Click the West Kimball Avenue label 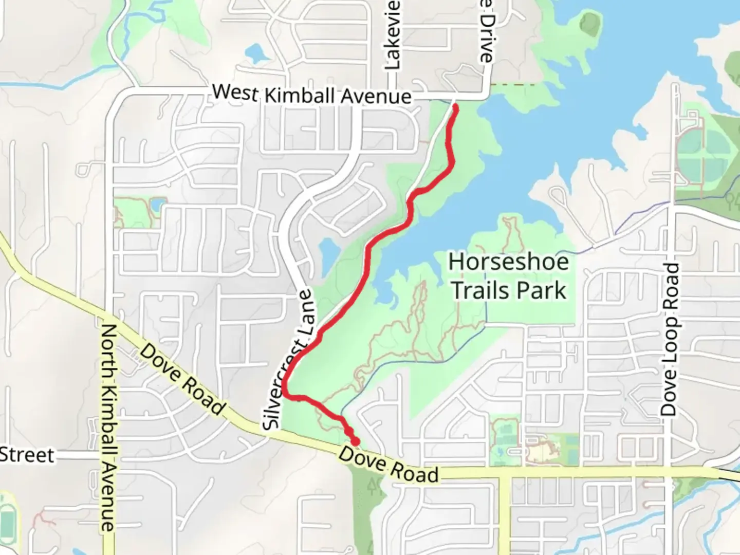[x=312, y=95]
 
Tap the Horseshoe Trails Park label [x=509, y=276]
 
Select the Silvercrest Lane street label [x=289, y=360]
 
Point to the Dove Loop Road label [x=669, y=339]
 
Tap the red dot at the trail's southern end [x=355, y=441]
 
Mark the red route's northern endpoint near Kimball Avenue [x=455, y=107]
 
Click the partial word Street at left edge [x=27, y=455]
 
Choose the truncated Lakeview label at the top [x=392, y=35]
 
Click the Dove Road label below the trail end [x=388, y=465]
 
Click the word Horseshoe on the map [x=509, y=262]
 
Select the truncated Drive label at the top [x=486, y=31]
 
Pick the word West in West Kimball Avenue [x=235, y=92]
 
